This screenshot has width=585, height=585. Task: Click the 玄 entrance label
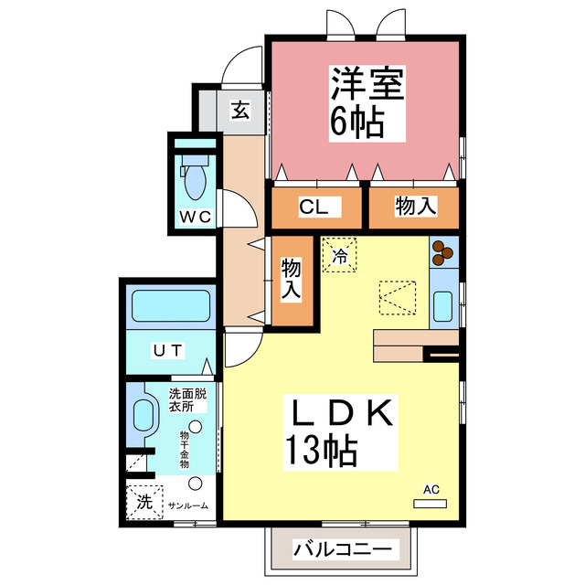[x=240, y=112]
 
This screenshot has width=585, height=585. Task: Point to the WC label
[x=195, y=217]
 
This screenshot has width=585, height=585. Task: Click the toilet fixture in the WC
[x=195, y=178]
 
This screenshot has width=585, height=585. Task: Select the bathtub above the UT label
[x=172, y=306]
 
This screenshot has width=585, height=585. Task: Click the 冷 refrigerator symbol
[x=340, y=256]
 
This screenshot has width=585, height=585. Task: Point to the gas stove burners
[x=443, y=251]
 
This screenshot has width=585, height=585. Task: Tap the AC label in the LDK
[x=431, y=490]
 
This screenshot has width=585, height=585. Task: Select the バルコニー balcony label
[x=343, y=550]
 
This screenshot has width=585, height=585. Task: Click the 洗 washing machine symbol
[x=144, y=501]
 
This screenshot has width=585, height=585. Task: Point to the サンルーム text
[x=187, y=505]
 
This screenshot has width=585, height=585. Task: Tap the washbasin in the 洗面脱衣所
[x=143, y=421]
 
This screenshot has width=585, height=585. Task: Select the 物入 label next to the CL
[x=414, y=207]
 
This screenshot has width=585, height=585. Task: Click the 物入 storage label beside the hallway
[x=291, y=280]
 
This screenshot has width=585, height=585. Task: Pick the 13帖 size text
[x=320, y=449]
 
